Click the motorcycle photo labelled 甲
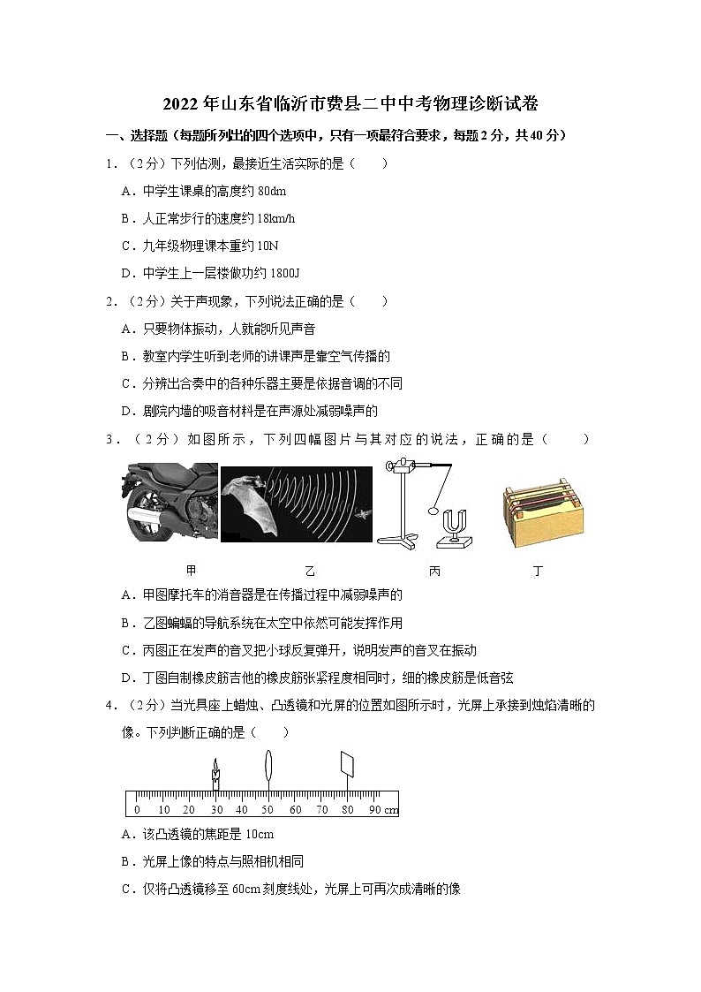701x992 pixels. pyautogui.click(x=168, y=502)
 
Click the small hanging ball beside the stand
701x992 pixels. pyautogui.click(x=433, y=510)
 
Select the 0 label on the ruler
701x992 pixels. pyautogui.click(x=137, y=810)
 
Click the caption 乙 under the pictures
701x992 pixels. pyautogui.click(x=309, y=571)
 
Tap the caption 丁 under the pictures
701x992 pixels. pyautogui.click(x=538, y=571)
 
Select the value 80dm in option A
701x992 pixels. pyautogui.click(x=268, y=192)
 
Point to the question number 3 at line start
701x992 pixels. pyautogui.click(x=109, y=439)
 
